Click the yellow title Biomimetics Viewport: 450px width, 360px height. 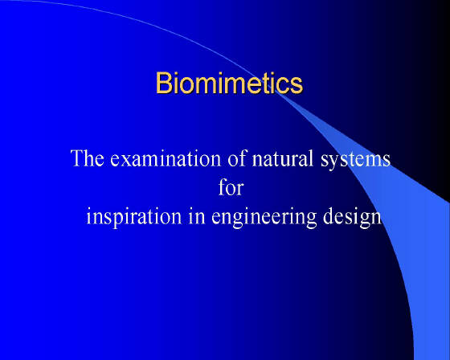[x=229, y=83]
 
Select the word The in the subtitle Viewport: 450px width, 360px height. [x=88, y=157]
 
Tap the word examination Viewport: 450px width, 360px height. [x=166, y=158]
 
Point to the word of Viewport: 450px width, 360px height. [x=237, y=157]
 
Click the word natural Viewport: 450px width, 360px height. [x=283, y=157]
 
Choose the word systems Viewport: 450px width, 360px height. [x=355, y=160]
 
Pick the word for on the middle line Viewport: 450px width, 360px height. [x=231, y=187]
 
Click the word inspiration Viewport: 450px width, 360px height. [x=134, y=217]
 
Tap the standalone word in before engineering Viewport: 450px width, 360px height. [x=197, y=215]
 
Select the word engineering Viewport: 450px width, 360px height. [x=264, y=217]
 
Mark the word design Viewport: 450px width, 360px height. [x=352, y=217]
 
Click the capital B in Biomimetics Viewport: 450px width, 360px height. [x=164, y=83]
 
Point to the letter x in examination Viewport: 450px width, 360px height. [x=128, y=161]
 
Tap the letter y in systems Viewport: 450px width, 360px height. [x=334, y=163]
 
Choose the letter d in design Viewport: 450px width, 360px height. [x=329, y=215]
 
